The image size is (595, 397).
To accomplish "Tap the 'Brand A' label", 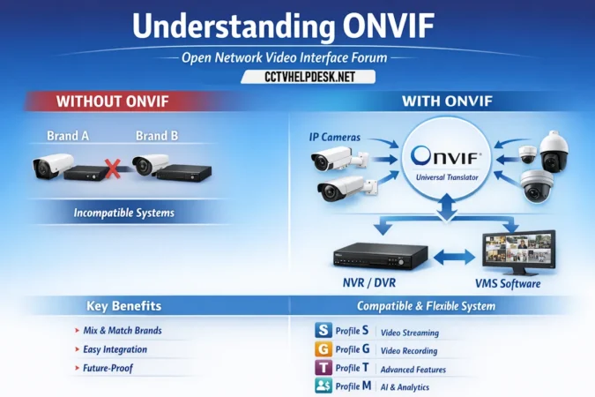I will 67,137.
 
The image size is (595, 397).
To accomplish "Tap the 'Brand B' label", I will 157,137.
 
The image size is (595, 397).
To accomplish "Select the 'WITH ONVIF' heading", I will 446,101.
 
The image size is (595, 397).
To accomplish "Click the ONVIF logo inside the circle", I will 447,157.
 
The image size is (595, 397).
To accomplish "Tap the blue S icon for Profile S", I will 323,331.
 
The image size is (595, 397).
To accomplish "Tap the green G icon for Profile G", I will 323,349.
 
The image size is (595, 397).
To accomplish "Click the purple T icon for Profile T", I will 323,368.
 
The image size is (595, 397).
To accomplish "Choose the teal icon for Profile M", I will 323,386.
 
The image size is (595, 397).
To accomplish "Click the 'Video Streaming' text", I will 408,333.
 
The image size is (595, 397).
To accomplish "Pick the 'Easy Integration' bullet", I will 115,349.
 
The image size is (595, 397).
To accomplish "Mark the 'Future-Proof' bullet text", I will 108,368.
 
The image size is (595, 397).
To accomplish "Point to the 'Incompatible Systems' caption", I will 123,213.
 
